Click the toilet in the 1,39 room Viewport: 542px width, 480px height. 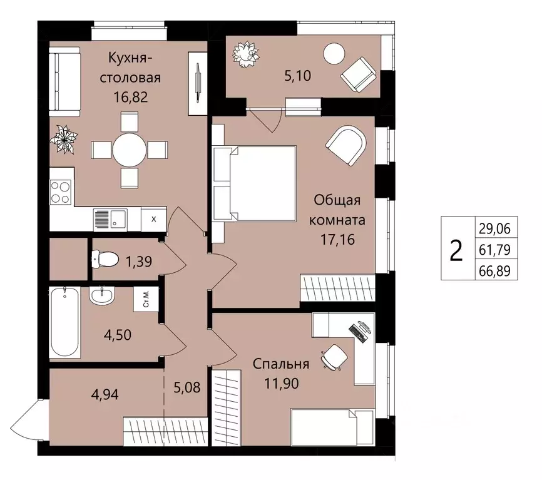coord(104,258)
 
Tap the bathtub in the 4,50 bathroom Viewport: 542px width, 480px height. coord(64,322)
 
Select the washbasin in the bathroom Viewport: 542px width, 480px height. coord(101,295)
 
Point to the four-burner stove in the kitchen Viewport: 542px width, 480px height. coord(61,192)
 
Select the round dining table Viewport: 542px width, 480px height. coord(130,150)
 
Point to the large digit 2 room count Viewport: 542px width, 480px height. coord(456,249)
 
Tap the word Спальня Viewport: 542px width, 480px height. coord(282,364)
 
